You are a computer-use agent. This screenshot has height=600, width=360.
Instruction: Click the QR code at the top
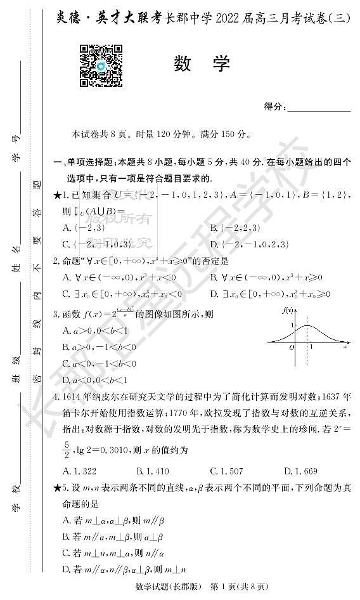point(101,65)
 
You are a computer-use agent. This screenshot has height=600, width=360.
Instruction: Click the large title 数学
point(202,64)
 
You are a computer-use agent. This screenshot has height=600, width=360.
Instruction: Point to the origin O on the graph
point(291,347)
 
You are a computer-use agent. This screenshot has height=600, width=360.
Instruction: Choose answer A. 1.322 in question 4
point(80,470)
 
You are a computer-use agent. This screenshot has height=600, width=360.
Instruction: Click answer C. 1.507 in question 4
point(226,470)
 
